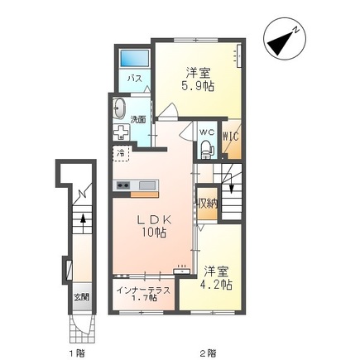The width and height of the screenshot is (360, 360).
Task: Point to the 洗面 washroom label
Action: click(x=138, y=119)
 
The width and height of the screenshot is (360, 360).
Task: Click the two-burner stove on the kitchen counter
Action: click(x=122, y=184)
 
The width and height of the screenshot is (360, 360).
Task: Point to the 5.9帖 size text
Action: click(x=199, y=85)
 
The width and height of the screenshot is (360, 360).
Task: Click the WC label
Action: click(x=206, y=131)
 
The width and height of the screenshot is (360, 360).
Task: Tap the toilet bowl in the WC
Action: click(x=207, y=149)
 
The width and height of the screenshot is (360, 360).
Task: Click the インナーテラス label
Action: click(x=139, y=290)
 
